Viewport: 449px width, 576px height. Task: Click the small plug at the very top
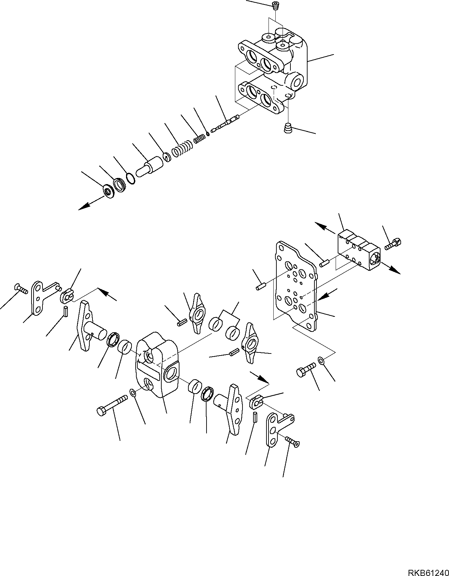pos(274,5)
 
